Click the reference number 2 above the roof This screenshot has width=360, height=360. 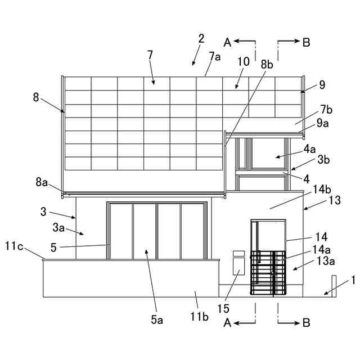[x=201, y=39]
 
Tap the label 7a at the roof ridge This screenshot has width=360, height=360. [x=214, y=56]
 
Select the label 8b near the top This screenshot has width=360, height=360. [x=267, y=65]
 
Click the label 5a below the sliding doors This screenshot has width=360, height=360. [x=157, y=320]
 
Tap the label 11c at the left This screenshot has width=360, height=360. [x=15, y=246]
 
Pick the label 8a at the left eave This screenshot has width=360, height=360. [x=42, y=182]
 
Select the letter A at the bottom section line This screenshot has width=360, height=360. [x=227, y=322]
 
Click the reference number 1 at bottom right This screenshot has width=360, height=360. [x=353, y=280]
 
